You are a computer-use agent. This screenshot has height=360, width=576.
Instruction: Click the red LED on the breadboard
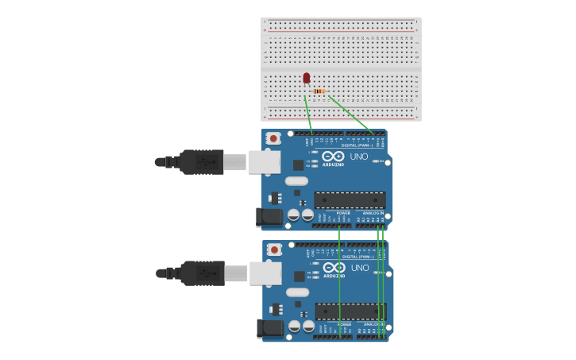[x=307, y=78]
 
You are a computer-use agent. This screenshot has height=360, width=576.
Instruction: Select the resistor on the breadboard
[x=319, y=91]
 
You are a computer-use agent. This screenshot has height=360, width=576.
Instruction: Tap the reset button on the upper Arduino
[x=273, y=138]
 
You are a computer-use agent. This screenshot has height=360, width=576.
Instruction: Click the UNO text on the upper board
[x=359, y=157]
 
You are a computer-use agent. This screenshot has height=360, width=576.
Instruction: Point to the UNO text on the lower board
[x=360, y=268]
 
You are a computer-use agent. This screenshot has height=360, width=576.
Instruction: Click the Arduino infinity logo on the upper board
[x=333, y=157]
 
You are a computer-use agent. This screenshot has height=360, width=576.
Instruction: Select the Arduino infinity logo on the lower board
[x=334, y=268]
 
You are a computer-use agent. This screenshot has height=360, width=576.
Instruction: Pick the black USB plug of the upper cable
[x=201, y=162]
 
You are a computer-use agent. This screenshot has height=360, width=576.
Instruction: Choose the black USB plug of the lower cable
[x=202, y=273]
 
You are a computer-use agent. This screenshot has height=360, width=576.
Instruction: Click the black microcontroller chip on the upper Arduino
[x=350, y=200]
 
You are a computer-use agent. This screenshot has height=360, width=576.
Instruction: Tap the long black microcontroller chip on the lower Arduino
[x=350, y=312]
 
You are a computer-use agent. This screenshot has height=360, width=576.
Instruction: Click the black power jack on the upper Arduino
[x=270, y=217]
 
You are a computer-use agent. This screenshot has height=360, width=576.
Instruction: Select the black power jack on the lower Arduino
[x=271, y=328]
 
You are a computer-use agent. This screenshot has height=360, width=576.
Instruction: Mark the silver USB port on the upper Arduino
[x=265, y=162]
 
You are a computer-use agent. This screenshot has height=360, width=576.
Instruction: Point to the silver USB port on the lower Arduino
[x=265, y=273]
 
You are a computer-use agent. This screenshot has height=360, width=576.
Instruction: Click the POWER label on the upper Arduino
[x=343, y=213]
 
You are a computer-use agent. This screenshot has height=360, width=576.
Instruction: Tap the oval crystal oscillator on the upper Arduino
[x=296, y=181]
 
